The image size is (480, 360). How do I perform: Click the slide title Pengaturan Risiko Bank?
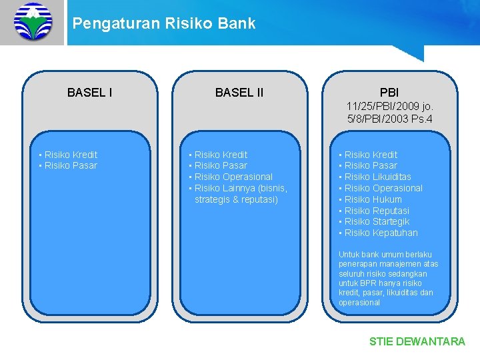[163, 23]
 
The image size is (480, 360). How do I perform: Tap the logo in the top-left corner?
[33, 21]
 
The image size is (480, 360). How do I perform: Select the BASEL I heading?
[90, 93]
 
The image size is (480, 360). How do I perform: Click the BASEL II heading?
[239, 93]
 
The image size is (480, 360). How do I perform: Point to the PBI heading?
[389, 92]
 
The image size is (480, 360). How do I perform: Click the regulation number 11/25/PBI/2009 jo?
[390, 106]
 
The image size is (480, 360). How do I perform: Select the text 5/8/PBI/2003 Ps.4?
[390, 119]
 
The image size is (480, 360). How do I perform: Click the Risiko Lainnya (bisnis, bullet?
[241, 188]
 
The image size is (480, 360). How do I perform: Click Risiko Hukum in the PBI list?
[373, 199]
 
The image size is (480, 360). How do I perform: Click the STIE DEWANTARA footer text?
[417, 341]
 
